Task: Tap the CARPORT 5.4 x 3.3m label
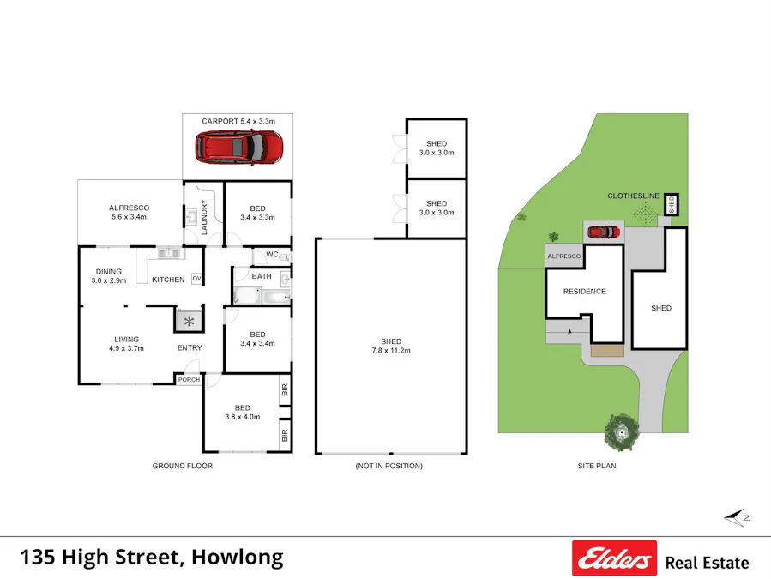click(x=238, y=122)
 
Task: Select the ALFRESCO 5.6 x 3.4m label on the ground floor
click(x=130, y=212)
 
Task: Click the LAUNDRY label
click(x=204, y=216)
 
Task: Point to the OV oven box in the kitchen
click(x=196, y=279)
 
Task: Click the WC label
click(x=272, y=255)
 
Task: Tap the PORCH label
click(x=188, y=380)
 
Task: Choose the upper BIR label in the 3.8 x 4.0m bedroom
click(x=284, y=392)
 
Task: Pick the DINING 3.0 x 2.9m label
click(x=110, y=276)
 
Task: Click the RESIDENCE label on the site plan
click(x=584, y=292)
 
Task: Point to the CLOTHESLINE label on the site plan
click(x=633, y=196)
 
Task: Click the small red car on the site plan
click(x=603, y=232)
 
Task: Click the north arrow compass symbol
click(x=737, y=517)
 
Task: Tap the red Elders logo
click(x=614, y=558)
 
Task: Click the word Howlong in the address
click(x=237, y=557)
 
